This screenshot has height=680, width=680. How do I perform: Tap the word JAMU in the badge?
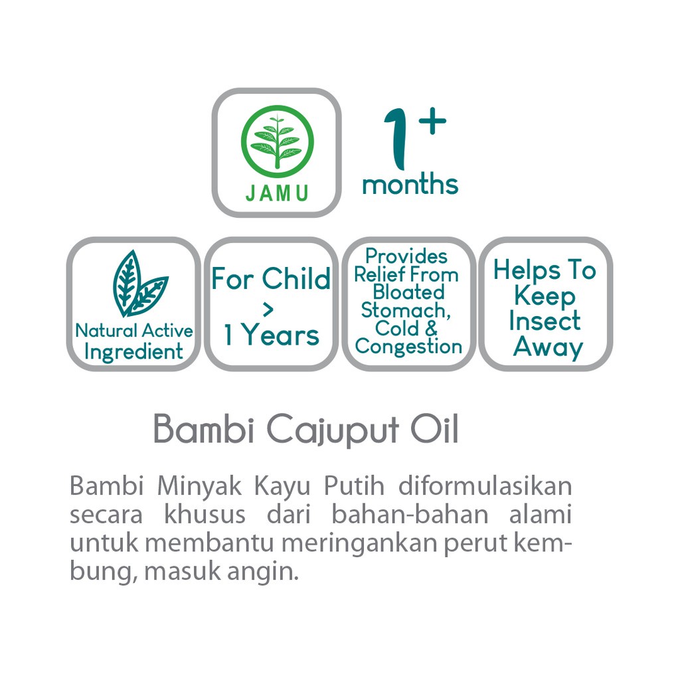click(277, 193)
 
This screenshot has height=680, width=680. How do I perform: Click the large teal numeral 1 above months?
click(396, 139)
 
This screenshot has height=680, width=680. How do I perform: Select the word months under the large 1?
click(410, 185)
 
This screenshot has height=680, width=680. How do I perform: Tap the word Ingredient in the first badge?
click(133, 352)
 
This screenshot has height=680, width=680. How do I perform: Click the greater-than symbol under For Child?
click(268, 309)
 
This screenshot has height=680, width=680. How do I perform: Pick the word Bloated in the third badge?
click(409, 292)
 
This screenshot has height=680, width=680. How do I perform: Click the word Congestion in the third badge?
click(408, 347)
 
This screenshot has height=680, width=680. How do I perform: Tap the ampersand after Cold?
click(431, 328)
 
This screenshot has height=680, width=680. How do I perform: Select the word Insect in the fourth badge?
click(545, 321)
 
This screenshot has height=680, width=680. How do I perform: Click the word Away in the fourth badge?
click(548, 347)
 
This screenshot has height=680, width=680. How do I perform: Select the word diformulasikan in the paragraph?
click(485, 486)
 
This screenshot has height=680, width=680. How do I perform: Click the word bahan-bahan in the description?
click(410, 515)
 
